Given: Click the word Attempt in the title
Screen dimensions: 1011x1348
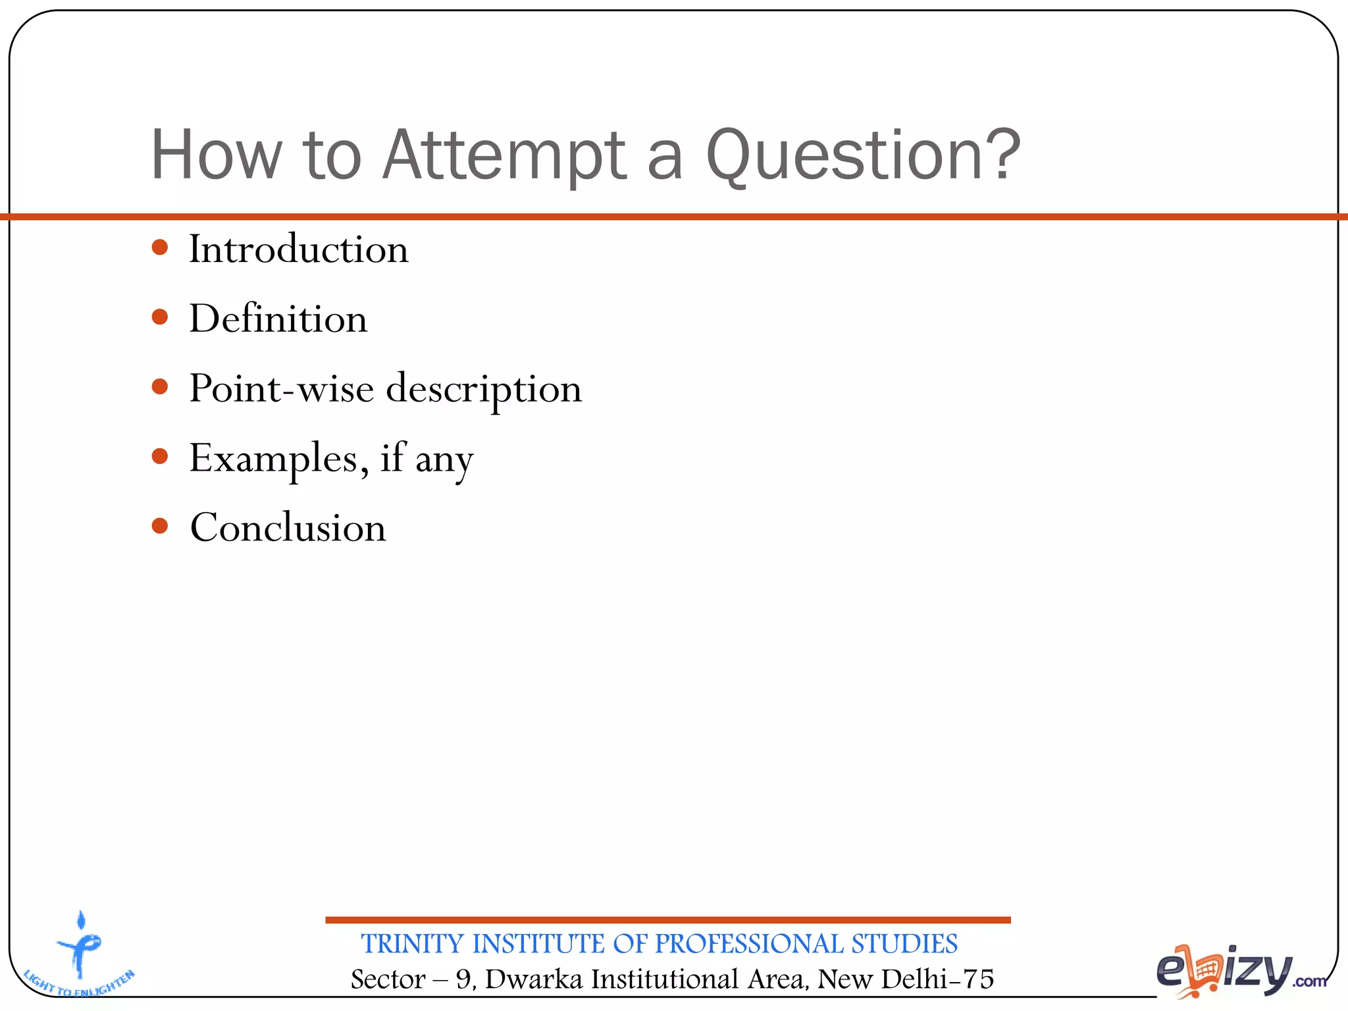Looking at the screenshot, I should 504,155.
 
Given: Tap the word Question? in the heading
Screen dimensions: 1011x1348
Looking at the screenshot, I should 862,155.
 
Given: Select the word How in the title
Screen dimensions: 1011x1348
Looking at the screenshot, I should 217,155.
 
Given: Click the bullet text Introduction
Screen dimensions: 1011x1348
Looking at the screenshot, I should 299,249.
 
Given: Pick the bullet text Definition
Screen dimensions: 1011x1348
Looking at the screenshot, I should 278,319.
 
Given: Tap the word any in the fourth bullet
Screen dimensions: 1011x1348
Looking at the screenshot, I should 444,461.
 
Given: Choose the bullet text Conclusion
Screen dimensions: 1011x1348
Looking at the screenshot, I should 288,528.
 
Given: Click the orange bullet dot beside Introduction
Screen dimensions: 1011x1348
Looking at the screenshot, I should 160,248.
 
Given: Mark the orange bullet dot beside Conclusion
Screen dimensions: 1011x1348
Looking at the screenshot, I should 160,526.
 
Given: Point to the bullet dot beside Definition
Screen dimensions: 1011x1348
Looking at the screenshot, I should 160,318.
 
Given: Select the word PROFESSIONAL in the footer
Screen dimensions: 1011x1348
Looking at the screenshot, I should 749,944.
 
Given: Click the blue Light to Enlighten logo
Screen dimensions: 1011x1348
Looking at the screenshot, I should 80,954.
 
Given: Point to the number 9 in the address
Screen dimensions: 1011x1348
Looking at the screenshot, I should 463,979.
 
